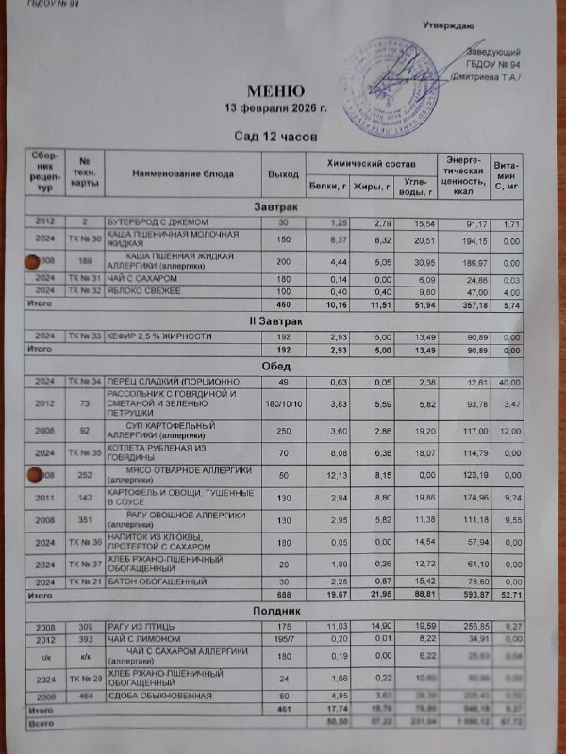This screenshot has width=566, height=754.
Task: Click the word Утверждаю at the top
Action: [x=449, y=24]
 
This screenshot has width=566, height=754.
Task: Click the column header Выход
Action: [x=276, y=173]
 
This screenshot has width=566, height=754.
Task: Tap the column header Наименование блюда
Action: [x=183, y=173]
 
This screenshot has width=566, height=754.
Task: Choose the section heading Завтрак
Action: [x=276, y=205]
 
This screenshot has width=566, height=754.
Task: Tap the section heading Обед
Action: [x=276, y=366]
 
